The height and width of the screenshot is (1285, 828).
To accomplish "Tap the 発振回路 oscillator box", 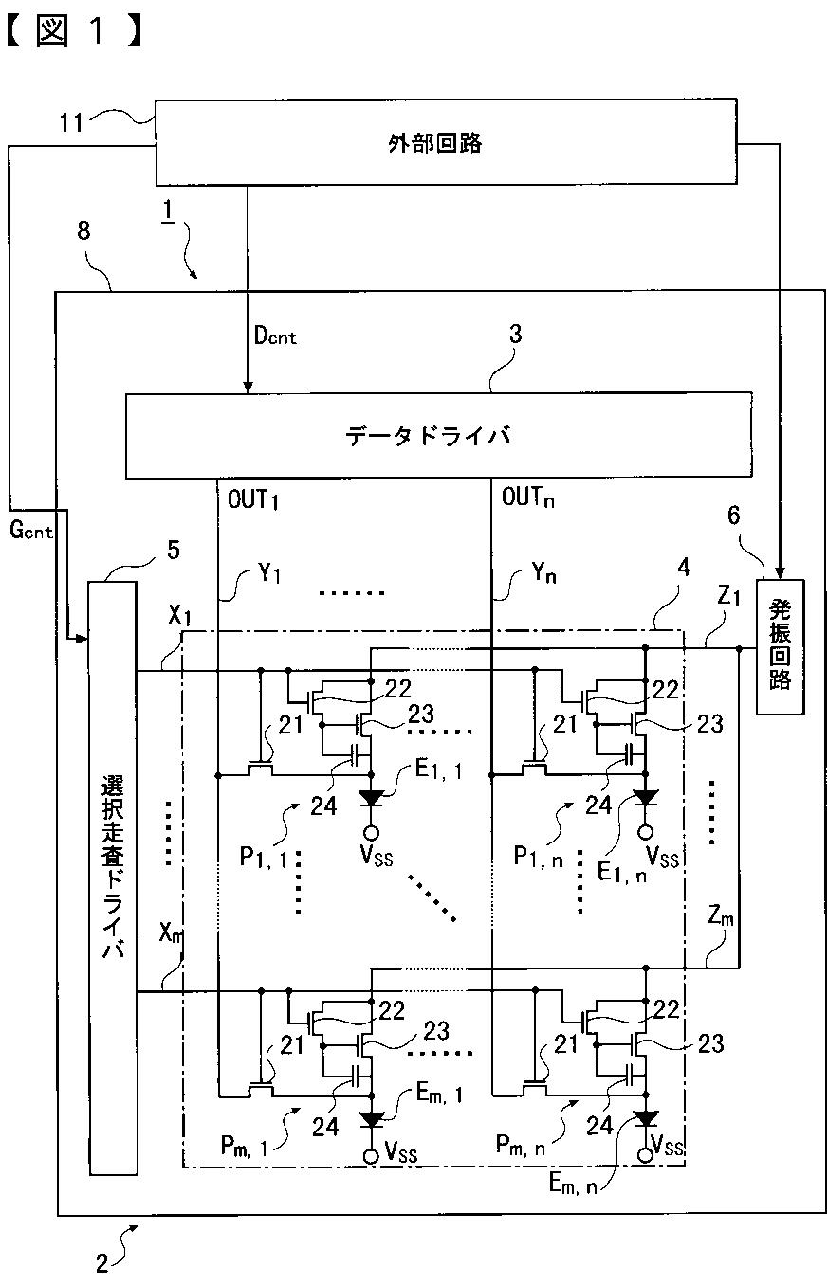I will tap(780, 645).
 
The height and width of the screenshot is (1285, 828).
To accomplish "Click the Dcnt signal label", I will tap(274, 335).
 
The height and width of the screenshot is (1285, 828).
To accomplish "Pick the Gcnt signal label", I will tap(31, 531).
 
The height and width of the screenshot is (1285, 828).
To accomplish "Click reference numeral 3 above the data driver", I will tap(515, 335).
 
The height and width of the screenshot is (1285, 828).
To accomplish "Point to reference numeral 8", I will tap(84, 232).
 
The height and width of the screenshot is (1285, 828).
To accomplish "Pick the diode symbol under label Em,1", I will tap(372, 1119).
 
